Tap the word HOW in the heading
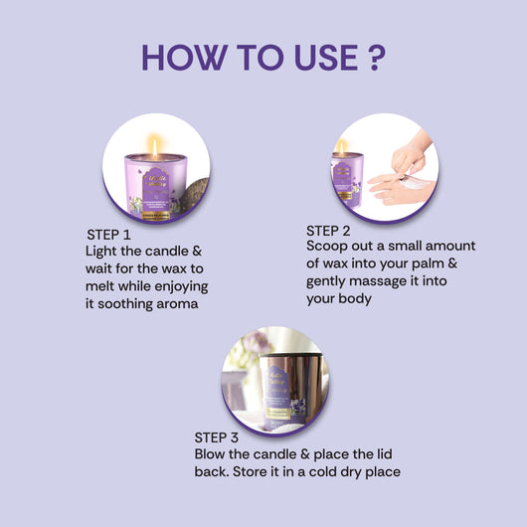coord(185,56)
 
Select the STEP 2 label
coord(335,229)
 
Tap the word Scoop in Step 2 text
coord(328,246)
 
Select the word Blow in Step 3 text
coord(212,453)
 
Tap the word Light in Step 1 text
coord(103,250)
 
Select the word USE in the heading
coord(313,56)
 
